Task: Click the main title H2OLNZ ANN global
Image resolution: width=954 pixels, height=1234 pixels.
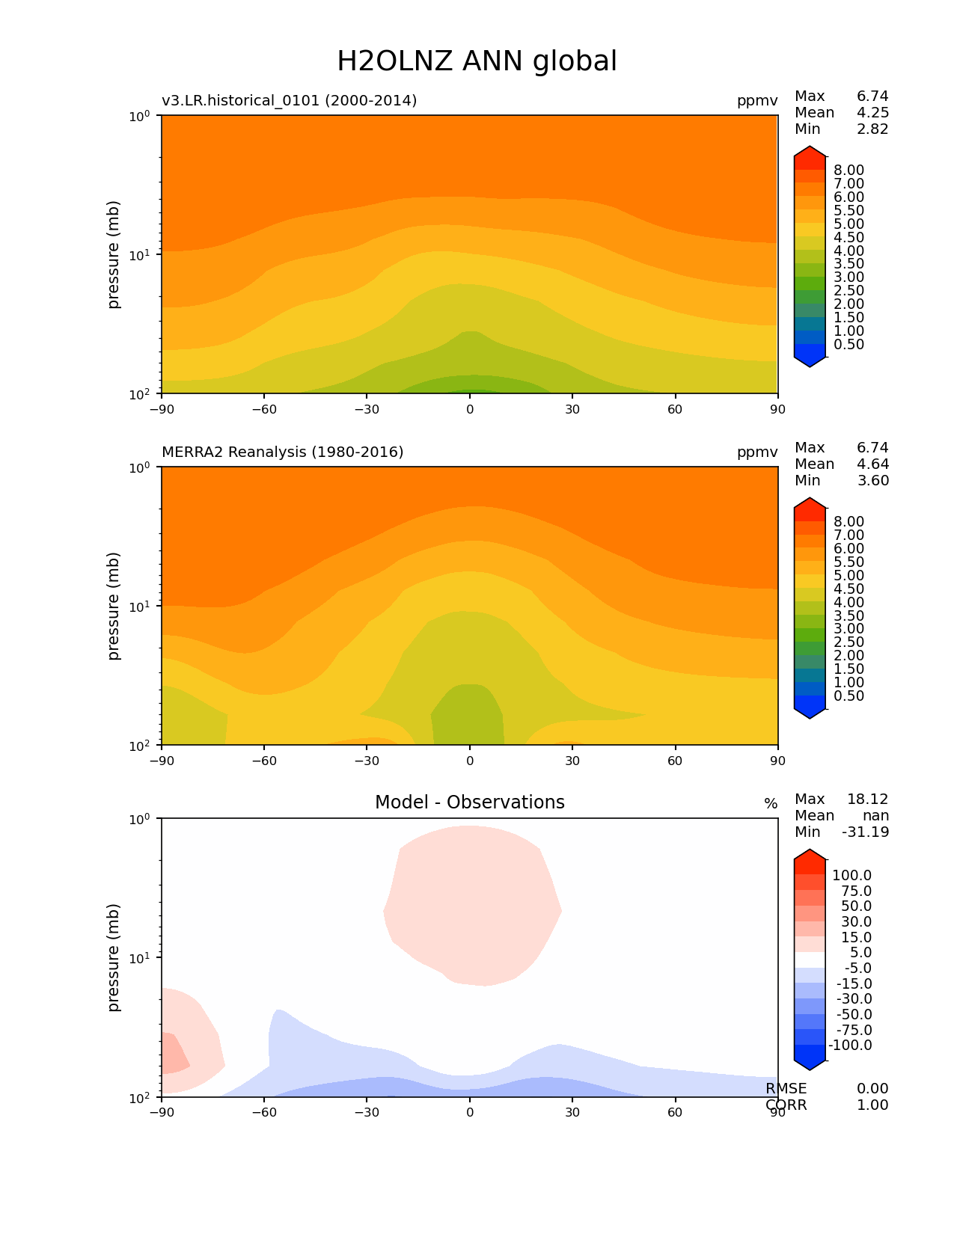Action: click(477, 61)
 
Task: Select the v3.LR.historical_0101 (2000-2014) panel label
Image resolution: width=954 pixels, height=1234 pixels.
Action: click(289, 100)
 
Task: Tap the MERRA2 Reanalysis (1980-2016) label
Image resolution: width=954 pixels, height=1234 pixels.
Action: click(282, 452)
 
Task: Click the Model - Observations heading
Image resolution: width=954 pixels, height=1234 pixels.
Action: click(469, 802)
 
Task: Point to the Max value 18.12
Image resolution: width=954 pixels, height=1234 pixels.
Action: click(867, 799)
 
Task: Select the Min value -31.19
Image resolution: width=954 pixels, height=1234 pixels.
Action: click(865, 832)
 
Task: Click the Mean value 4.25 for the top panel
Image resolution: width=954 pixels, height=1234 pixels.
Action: click(872, 112)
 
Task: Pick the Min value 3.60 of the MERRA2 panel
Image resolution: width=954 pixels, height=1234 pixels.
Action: click(872, 480)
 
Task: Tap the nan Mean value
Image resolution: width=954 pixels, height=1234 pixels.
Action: click(875, 815)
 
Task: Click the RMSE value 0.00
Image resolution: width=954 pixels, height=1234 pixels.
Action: click(872, 1088)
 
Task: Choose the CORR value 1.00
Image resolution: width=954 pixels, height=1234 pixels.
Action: click(872, 1105)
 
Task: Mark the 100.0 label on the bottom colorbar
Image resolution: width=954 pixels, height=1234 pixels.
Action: click(851, 875)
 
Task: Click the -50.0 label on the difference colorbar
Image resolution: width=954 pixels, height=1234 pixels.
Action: click(851, 1014)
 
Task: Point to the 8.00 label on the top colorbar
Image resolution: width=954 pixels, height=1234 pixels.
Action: click(848, 170)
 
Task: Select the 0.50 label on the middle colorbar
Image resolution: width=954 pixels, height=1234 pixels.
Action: click(848, 696)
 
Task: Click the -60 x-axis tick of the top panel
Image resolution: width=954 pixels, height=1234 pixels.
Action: click(264, 409)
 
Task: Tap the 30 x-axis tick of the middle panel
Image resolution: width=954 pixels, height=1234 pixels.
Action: click(572, 761)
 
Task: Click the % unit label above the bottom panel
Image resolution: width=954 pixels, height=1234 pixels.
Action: click(770, 804)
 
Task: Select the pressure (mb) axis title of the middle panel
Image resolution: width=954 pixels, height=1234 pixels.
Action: click(114, 606)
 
